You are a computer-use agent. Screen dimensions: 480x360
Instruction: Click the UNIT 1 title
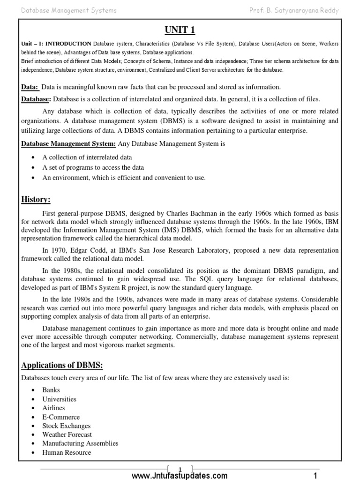click(180, 30)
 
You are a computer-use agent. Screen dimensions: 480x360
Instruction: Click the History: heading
click(36, 200)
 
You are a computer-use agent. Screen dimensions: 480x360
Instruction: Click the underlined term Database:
click(37, 99)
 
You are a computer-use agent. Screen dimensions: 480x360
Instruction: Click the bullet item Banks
click(51, 390)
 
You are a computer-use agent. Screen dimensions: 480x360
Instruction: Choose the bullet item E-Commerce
click(61, 417)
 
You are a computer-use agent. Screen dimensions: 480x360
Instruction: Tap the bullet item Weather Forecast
click(67, 435)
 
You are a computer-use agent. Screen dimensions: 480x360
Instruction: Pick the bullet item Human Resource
click(67, 452)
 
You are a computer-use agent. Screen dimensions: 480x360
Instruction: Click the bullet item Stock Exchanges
click(66, 426)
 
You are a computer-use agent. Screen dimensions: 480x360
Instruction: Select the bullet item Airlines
click(54, 408)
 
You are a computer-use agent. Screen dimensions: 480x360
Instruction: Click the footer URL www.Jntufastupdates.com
click(180, 475)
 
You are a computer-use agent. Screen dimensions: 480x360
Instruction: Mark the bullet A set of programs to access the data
click(93, 167)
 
